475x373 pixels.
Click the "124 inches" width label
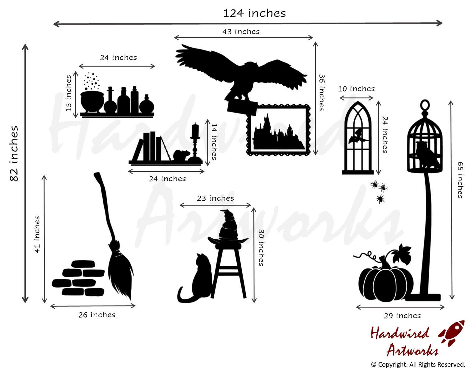pos(254,13)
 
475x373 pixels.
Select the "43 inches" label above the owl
pos(241,31)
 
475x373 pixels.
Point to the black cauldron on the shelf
pos(92,101)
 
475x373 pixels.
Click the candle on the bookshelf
pos(195,131)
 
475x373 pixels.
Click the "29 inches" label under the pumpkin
pos(402,316)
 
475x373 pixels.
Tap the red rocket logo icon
pos(452,333)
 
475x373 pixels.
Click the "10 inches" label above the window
pos(356,89)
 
